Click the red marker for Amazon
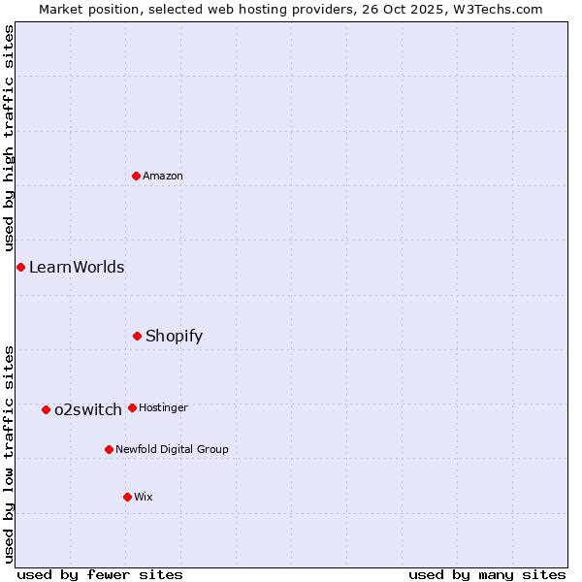137,176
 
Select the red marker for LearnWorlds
20,267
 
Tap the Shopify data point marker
138,336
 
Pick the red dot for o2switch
46,409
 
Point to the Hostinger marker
132,407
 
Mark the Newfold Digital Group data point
109,449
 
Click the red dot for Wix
127,497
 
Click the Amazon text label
163,176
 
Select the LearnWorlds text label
77,267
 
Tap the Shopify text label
175,336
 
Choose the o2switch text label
88,409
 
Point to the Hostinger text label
163,407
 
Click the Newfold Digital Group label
172,449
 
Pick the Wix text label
144,497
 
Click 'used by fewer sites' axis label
100,574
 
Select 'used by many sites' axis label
487,574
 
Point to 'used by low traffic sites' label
9,454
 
